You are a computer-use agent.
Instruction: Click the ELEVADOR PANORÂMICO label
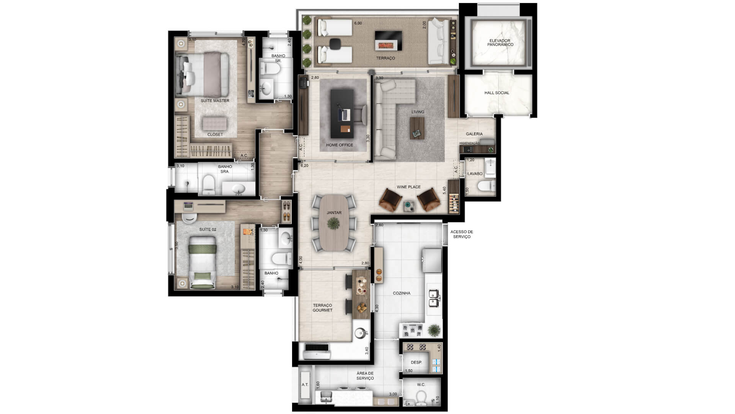click(500, 43)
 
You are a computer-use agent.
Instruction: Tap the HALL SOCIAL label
click(497, 93)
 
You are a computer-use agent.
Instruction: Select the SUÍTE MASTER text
click(215, 101)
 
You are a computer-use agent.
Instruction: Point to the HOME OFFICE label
click(340, 145)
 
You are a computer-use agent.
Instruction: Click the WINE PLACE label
click(408, 187)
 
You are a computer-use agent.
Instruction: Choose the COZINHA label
click(402, 293)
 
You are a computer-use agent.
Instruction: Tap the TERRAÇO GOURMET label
click(322, 308)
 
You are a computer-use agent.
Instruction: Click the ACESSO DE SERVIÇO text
click(462, 234)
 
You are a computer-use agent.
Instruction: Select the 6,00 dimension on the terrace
click(358, 23)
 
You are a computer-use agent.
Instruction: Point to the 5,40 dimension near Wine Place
click(444, 191)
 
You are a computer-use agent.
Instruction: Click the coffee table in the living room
click(417, 128)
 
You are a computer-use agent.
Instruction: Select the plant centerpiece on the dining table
click(334, 223)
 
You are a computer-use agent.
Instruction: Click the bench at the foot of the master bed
click(214, 123)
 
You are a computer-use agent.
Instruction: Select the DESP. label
click(416, 363)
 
